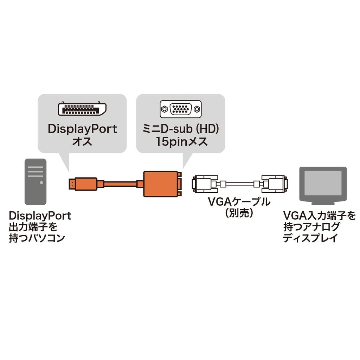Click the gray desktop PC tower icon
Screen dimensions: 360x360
click(36, 181)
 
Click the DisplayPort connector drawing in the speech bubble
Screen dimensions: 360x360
click(82, 109)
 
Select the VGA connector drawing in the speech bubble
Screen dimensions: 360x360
click(180, 109)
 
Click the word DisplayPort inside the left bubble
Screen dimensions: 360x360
click(82, 129)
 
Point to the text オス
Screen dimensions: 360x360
click(82, 142)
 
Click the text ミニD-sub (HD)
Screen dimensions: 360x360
click(180, 129)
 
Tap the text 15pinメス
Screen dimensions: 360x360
click(180, 142)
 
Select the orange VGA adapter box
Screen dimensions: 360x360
click(160, 184)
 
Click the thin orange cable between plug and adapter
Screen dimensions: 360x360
click(120, 184)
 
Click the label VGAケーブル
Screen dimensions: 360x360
click(239, 202)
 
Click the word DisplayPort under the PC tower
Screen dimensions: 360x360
click(40, 215)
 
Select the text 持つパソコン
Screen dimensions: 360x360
click(37, 238)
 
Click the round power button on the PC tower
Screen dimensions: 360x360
click(41, 182)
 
